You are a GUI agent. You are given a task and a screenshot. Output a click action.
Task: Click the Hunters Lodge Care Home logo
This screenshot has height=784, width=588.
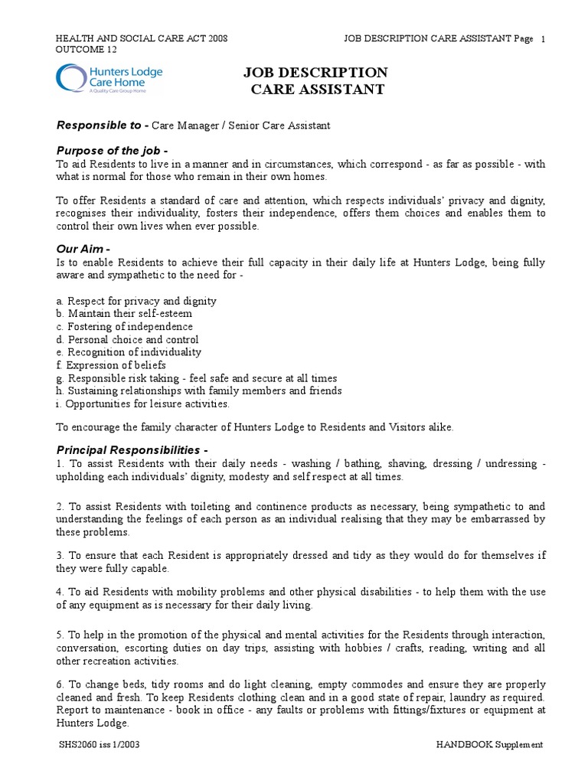point(109,79)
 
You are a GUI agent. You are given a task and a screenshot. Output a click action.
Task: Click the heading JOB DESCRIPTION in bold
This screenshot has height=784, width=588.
point(315,73)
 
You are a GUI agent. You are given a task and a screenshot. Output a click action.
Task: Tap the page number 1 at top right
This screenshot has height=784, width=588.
point(543,40)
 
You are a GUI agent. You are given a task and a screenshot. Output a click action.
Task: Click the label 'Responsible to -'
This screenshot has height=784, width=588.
point(103,125)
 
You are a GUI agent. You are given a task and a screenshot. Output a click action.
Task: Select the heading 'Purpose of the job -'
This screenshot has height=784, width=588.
point(112,150)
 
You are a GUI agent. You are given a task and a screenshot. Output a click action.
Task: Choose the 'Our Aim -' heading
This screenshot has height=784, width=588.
point(83,249)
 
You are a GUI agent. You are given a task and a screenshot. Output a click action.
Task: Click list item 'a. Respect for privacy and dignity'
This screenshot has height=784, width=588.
point(136,301)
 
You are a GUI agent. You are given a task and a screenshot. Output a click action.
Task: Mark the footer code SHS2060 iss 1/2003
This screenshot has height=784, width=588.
point(99,744)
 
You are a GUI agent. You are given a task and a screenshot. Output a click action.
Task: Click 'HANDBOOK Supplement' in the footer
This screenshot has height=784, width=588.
point(489,744)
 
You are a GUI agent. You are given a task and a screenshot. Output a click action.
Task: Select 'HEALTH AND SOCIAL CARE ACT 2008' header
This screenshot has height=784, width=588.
point(142,39)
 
